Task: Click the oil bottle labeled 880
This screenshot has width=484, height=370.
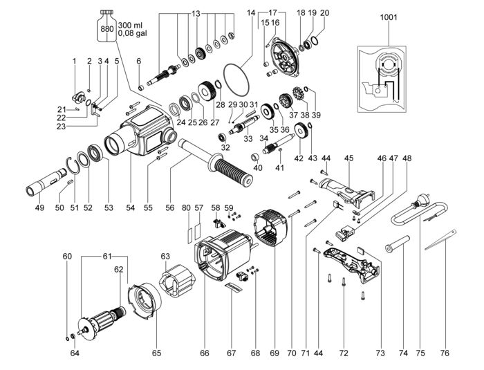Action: pos(106,26)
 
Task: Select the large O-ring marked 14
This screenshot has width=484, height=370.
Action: pos(236,80)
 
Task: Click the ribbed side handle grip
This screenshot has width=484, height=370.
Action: pos(233,171)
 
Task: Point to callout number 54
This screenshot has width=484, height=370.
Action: pos(130,207)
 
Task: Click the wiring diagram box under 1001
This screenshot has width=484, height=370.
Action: pos(382,80)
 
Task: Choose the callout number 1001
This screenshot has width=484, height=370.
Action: pos(389,17)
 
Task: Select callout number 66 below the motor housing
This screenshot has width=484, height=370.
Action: pos(205,353)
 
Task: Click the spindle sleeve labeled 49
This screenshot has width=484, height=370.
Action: pos(46,181)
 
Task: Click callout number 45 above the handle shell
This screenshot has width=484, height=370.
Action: pos(348,158)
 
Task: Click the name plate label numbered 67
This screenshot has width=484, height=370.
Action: pos(233,289)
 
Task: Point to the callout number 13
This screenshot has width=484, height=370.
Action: pos(196,14)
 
